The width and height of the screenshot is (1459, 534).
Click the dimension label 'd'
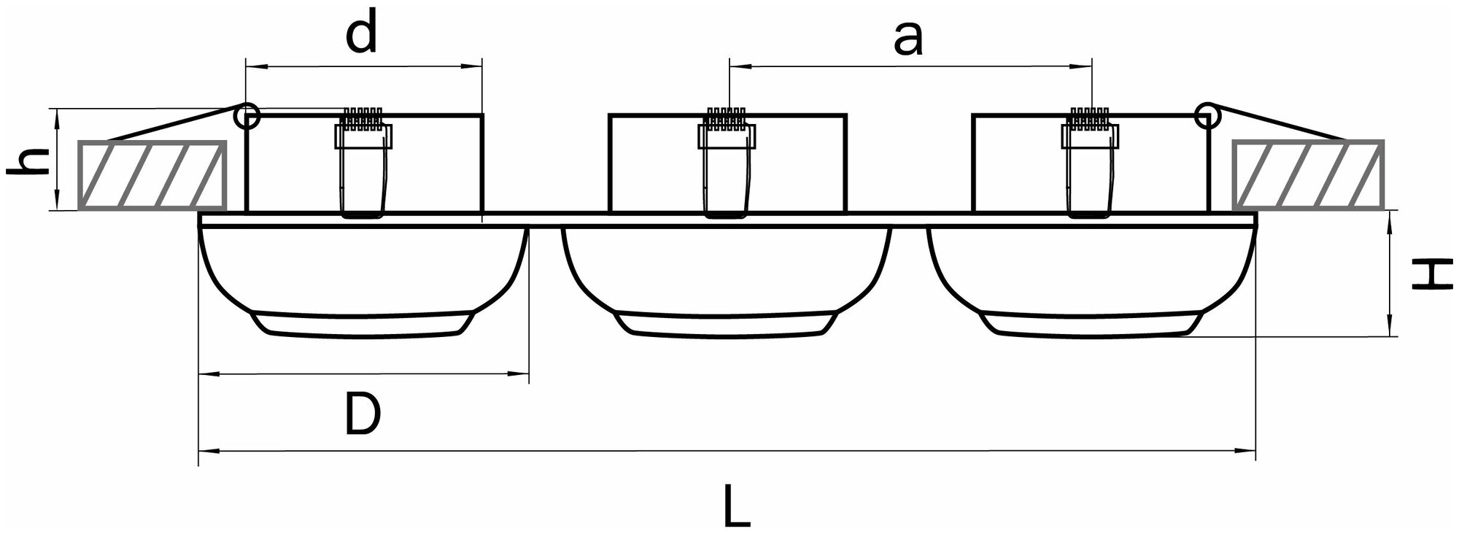click(361, 36)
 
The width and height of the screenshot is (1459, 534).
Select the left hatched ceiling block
click(152, 174)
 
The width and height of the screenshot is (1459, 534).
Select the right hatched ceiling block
click(1308, 174)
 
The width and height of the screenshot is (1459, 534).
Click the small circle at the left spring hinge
click(247, 115)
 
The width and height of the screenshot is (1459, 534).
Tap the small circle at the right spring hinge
click(1207, 113)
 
